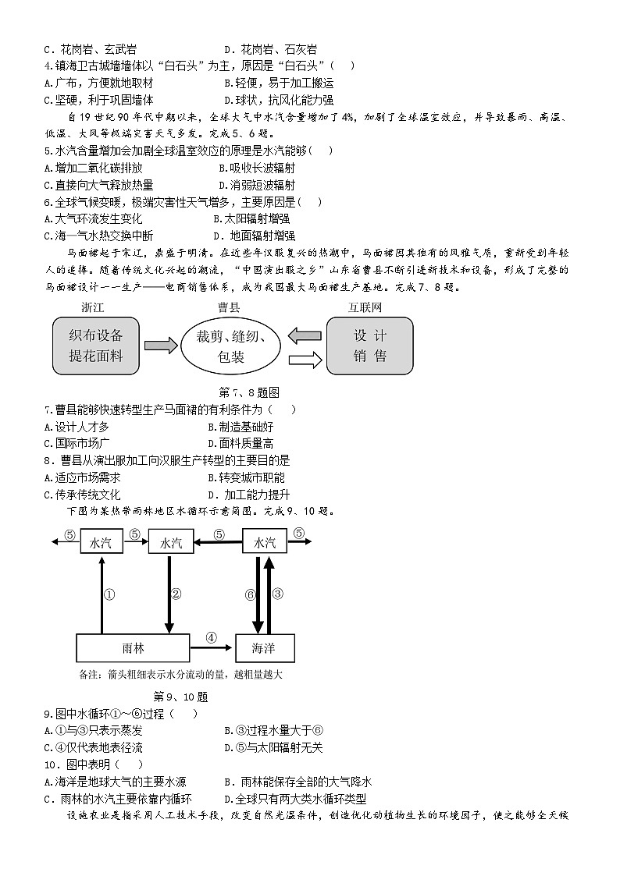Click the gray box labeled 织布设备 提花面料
(96, 346)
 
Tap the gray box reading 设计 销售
(369, 346)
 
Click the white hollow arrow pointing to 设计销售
(305, 359)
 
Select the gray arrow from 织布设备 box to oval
(161, 346)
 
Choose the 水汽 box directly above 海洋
(265, 543)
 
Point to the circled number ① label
(109, 594)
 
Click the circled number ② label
(176, 594)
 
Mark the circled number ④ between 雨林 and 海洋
(211, 637)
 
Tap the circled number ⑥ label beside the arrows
(250, 594)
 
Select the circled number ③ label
(277, 594)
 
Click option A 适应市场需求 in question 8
(83, 477)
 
